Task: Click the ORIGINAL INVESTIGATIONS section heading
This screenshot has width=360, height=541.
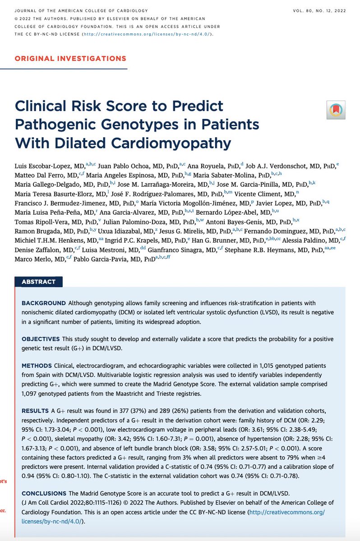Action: click(71, 58)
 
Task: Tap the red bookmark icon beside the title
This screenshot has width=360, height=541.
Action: click(336, 109)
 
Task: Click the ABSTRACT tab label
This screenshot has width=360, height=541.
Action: click(38, 282)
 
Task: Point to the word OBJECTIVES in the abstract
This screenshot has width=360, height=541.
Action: click(41, 339)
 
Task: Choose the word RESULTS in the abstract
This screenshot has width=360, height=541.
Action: click(35, 411)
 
